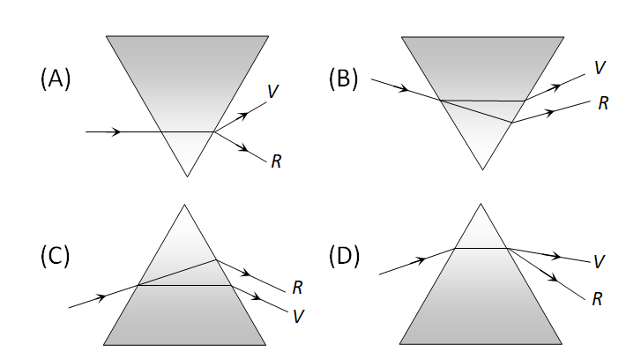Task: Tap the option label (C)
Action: (56, 256)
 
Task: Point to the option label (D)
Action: (344, 256)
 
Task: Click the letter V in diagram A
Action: (273, 91)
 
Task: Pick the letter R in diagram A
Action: (277, 161)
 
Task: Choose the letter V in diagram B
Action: (600, 67)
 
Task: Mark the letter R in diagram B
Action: (603, 103)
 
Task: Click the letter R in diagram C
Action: (297, 287)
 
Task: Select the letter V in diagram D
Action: (599, 261)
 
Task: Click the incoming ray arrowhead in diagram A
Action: (116, 132)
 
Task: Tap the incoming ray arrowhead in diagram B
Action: (405, 89)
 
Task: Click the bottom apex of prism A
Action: (187, 176)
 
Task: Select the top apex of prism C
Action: (184, 205)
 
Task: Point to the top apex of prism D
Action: (481, 205)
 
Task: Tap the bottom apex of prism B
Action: (481, 169)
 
